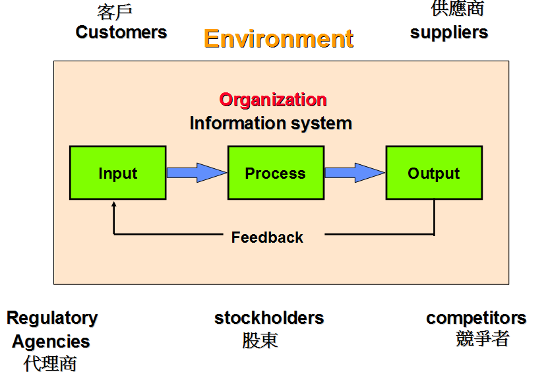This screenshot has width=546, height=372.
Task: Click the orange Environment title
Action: pyautogui.click(x=278, y=38)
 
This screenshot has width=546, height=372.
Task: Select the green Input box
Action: pyautogui.click(x=117, y=173)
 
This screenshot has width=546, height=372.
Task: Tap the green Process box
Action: pyautogui.click(x=276, y=173)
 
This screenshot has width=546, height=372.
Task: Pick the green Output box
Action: pyautogui.click(x=433, y=173)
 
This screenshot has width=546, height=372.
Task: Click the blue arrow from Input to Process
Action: pyautogui.click(x=196, y=173)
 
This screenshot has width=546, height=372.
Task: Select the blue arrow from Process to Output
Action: pyautogui.click(x=354, y=173)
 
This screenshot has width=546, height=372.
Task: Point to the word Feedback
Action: pyautogui.click(x=267, y=237)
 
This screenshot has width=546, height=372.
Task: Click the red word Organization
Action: pyautogui.click(x=273, y=100)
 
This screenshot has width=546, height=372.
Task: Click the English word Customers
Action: pyautogui.click(x=121, y=32)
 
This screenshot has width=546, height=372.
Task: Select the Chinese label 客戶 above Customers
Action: pyautogui.click(x=115, y=12)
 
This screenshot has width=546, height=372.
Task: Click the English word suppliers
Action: pyautogui.click(x=449, y=32)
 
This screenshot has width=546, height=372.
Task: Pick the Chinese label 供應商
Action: pyautogui.click(x=458, y=9)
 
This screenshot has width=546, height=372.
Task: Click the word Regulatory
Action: pyautogui.click(x=52, y=318)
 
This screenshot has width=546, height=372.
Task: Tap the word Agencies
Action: pyautogui.click(x=51, y=342)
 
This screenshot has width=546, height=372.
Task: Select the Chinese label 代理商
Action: pyautogui.click(x=50, y=363)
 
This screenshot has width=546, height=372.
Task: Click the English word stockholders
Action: pyautogui.click(x=269, y=318)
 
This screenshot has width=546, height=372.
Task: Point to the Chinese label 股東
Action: pyautogui.click(x=260, y=340)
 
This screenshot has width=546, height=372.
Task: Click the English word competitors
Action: pyautogui.click(x=476, y=318)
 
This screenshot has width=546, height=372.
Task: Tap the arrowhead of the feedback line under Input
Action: pyautogui.click(x=114, y=205)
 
